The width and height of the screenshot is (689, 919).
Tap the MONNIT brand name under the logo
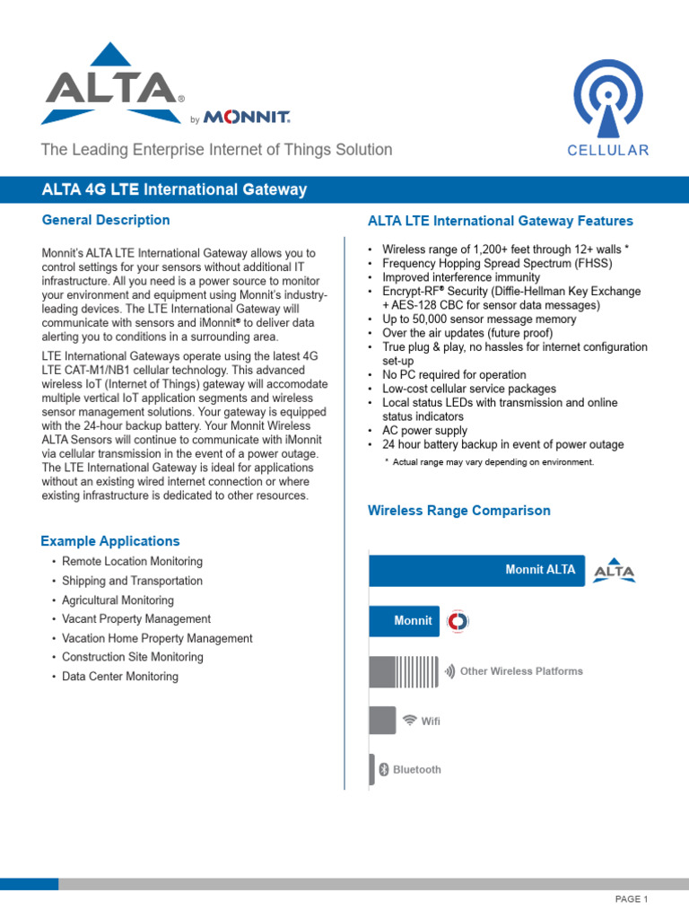[247, 118]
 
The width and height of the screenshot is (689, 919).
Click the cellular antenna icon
[607, 98]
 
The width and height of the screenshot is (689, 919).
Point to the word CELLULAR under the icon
[607, 151]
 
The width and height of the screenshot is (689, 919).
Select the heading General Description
[106, 220]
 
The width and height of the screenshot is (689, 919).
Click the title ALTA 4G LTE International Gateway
[175, 190]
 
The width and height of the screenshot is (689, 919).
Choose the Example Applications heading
[109, 541]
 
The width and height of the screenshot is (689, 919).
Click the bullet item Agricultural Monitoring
[118, 600]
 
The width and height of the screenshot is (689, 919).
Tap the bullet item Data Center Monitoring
[119, 677]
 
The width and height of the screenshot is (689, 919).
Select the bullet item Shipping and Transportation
[132, 581]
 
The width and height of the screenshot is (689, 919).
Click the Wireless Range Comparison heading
[459, 511]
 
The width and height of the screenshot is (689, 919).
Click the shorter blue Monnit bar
[405, 621]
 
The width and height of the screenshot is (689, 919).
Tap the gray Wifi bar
[382, 720]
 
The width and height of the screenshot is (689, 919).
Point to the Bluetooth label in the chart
[416, 770]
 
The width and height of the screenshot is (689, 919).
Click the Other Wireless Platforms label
[520, 671]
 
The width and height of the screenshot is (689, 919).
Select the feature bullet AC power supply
[424, 431]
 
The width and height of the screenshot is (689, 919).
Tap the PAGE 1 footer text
[631, 899]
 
